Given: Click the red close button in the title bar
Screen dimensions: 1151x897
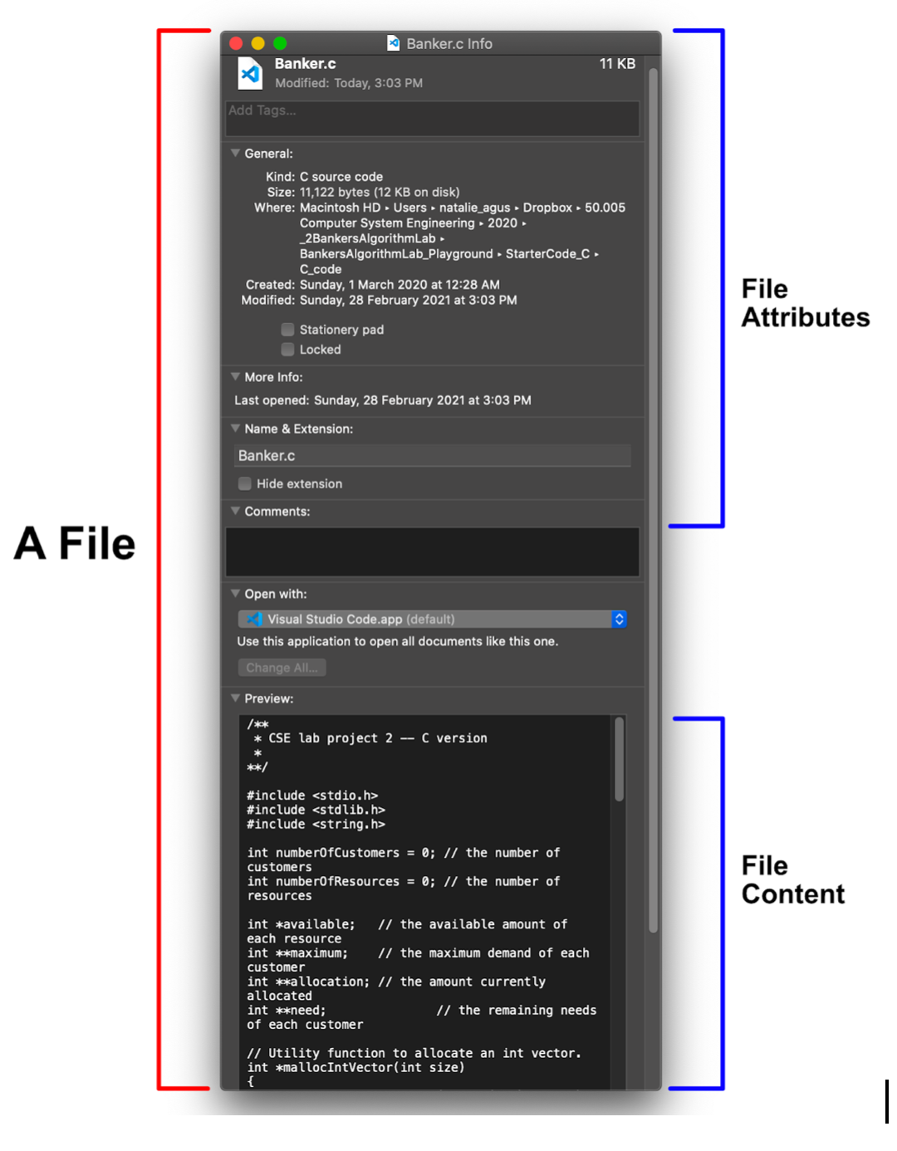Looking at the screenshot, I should (x=236, y=43).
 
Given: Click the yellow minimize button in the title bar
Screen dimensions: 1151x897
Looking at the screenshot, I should (x=257, y=43).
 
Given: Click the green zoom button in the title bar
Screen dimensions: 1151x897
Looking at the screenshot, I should (x=280, y=43).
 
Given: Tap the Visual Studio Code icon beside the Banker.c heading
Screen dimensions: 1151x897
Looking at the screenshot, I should (x=250, y=73).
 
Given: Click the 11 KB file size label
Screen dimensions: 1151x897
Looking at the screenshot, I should (x=617, y=64).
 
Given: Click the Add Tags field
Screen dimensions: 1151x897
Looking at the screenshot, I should (x=432, y=119).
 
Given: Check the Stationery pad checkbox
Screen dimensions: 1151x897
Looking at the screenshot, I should (x=287, y=330).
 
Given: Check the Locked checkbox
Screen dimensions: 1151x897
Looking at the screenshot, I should (x=287, y=350).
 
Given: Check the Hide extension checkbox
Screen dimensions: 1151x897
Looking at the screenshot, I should (x=245, y=483).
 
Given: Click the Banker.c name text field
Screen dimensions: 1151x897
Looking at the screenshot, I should (x=432, y=456).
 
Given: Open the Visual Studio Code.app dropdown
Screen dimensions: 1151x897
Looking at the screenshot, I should (x=432, y=620).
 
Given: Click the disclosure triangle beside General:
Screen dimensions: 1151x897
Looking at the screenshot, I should (x=235, y=154).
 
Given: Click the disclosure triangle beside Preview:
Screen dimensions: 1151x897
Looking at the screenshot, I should (x=235, y=698).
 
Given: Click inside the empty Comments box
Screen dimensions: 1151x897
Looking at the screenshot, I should (x=432, y=551).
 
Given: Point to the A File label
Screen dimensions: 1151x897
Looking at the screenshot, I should (x=75, y=544).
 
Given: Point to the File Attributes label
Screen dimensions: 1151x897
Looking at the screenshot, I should (x=805, y=303).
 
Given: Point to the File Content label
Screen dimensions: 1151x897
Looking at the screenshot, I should (x=792, y=880).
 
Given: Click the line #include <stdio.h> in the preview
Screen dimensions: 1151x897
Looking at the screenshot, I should (x=312, y=796).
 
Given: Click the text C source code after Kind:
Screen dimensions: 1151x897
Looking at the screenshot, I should (x=341, y=177).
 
